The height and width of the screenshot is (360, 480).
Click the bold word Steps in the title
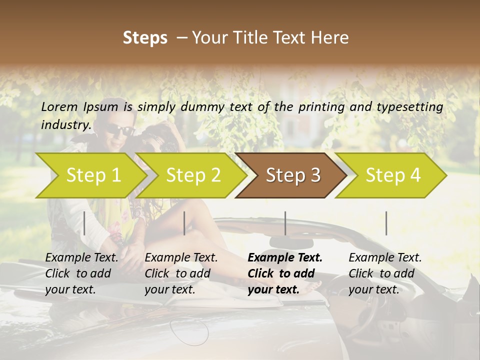[x=145, y=38]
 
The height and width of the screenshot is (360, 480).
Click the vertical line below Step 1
[x=84, y=223]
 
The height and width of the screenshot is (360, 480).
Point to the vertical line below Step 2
[x=184, y=223]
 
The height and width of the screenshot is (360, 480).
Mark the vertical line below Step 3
[x=285, y=223]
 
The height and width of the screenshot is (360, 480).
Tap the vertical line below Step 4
[x=386, y=223]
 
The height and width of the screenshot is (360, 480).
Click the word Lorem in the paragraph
[x=59, y=107]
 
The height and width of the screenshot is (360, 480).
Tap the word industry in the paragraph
[x=66, y=125]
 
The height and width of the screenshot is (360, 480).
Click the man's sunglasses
[x=119, y=129]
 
